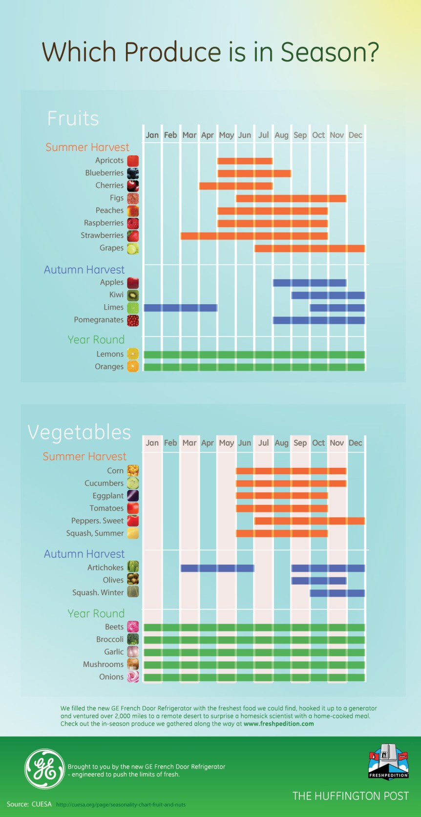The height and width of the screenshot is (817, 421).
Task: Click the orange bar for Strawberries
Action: point(254,236)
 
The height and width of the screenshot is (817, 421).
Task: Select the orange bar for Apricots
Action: point(245,161)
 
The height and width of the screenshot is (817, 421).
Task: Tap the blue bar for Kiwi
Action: point(328,295)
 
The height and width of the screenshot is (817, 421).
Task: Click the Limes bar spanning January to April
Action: point(180,308)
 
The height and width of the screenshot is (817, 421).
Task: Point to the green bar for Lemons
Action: point(254,355)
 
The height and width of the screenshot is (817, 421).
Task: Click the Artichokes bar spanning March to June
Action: point(217,568)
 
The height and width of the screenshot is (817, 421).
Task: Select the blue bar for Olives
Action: point(318,581)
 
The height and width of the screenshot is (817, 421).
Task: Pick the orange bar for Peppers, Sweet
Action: point(309,521)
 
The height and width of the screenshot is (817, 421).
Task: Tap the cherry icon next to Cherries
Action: point(133,186)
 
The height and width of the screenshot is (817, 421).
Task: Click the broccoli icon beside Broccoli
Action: point(133,639)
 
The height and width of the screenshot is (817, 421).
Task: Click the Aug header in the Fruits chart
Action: point(281,135)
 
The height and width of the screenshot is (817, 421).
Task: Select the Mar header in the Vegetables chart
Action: point(189,443)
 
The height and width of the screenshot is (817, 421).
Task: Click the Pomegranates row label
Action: point(99,320)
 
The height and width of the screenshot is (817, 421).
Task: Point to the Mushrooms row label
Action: point(103,664)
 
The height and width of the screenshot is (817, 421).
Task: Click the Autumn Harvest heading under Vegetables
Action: point(84,554)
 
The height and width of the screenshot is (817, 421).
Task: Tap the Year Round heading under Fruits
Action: point(96,339)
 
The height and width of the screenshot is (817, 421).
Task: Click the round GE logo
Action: point(44,769)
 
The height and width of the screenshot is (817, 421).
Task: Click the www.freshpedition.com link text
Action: point(278,724)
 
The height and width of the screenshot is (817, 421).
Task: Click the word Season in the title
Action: point(323,52)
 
